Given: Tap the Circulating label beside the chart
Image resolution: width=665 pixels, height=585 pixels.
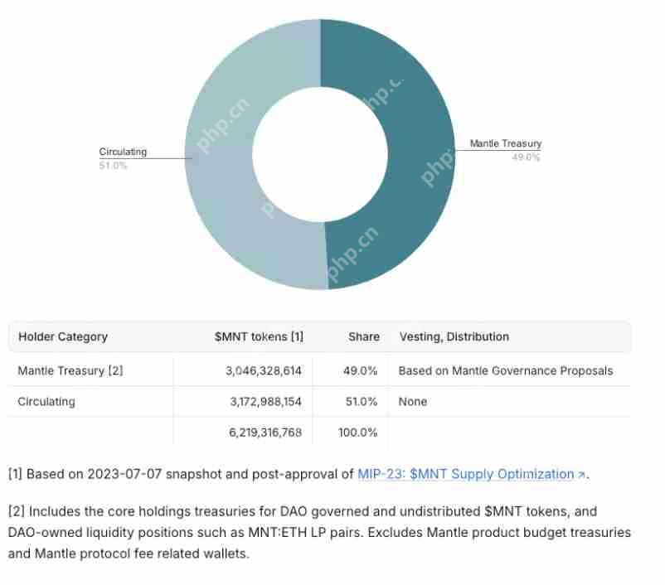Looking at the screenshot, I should pos(123,152).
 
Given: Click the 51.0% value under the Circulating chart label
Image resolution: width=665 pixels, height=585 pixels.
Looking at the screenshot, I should pos(113,166).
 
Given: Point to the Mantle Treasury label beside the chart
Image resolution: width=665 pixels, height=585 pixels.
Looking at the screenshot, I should pos(505,143).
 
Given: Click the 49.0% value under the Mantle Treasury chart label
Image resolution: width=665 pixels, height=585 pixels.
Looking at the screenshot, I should pos(526,157).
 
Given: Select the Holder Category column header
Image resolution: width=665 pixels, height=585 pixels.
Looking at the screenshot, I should pos(63,336).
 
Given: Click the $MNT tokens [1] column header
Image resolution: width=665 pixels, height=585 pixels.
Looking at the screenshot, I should pos(259,336).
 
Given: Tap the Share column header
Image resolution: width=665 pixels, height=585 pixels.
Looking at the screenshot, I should pos(363,336).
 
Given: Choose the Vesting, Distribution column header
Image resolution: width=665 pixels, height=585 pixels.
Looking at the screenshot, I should pos(454,336).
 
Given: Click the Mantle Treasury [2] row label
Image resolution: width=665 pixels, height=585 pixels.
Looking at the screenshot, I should pos(70,370).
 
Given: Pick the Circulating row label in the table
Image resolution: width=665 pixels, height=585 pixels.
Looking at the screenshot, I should pos(46,401).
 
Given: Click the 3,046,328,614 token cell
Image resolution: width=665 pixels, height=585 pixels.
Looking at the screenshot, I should pos(264,370).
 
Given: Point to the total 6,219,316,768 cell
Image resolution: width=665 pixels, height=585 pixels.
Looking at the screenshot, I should pos(265,432).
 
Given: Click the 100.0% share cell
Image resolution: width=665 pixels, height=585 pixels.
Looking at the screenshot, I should pos(357,432).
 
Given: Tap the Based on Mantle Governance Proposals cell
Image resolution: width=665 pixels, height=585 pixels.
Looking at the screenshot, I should pos(506,370).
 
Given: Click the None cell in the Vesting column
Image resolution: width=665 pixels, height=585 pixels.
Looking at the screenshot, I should pos(413,401).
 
